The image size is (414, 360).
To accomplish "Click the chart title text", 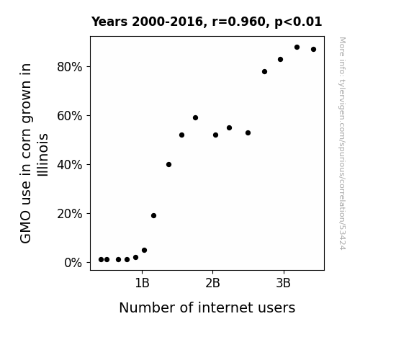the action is [x=207, y=22].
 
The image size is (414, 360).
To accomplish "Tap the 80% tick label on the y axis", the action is [x=69, y=67].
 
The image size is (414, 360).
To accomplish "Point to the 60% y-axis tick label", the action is [x=69, y=116].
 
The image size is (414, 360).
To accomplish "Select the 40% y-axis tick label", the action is [x=69, y=165].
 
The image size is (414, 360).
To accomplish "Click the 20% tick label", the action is [x=69, y=214].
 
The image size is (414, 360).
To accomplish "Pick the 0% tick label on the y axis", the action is [x=73, y=263].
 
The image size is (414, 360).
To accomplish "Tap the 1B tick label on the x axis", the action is [x=142, y=283].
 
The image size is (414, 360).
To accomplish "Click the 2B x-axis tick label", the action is [x=212, y=283].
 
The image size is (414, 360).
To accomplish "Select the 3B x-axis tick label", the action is [x=283, y=283].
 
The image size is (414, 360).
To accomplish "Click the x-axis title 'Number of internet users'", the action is [x=207, y=307].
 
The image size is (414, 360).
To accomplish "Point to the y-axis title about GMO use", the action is [x=34, y=153].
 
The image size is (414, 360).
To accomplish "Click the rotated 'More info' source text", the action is [x=342, y=143].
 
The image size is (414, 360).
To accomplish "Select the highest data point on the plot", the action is [x=297, y=48].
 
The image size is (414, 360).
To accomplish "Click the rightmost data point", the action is [x=313, y=50].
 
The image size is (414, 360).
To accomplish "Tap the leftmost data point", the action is [x=101, y=260].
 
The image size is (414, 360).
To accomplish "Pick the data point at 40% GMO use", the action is [x=168, y=165].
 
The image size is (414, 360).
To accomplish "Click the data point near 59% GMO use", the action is [x=195, y=118].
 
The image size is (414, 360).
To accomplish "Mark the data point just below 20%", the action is [x=153, y=216].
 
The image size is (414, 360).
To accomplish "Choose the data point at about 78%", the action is [x=264, y=72].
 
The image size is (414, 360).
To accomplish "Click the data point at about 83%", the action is [x=280, y=60].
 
